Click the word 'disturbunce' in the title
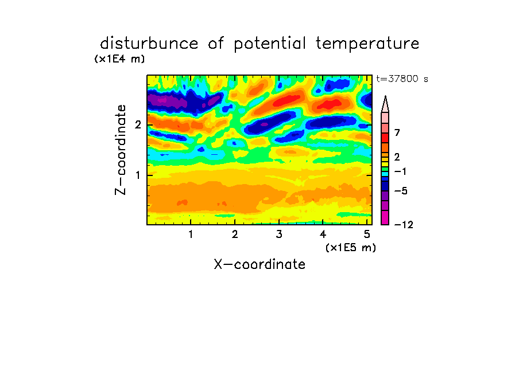(149, 44)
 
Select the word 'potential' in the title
(270, 44)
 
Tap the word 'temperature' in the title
(367, 44)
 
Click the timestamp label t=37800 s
(402, 79)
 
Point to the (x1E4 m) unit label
(119, 59)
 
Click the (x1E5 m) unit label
(351, 248)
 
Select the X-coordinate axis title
(259, 264)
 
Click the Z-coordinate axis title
(121, 150)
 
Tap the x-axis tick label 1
(191, 235)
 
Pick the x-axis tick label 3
(279, 235)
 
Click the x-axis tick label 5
(367, 235)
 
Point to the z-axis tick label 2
(138, 125)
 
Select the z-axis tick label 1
(138, 175)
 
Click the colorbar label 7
(397, 133)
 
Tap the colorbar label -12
(404, 225)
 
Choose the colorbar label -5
(401, 191)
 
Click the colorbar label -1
(400, 171)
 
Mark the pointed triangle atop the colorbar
(385, 104)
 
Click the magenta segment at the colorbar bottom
(385, 217)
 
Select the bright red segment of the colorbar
(385, 138)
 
